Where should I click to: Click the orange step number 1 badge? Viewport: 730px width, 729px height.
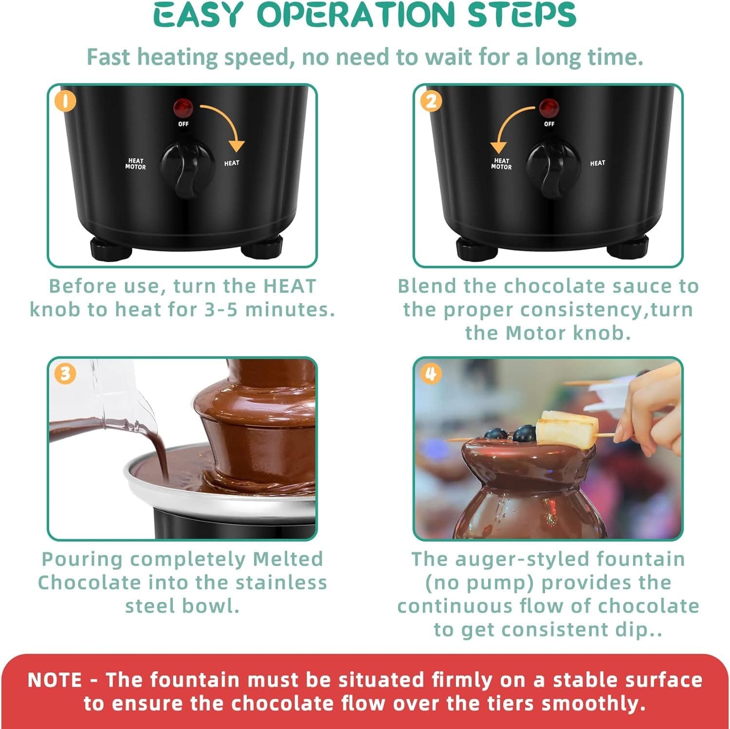(x=65, y=102)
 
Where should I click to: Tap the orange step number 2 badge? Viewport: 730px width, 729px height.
(x=431, y=102)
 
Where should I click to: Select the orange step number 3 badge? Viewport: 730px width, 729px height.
(x=65, y=374)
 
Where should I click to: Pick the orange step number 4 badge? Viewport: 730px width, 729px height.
(x=431, y=374)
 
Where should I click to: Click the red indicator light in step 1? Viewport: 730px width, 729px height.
(x=183, y=106)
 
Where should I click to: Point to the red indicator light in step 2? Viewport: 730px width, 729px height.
(x=548, y=106)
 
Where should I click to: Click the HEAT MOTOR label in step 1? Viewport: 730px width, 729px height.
(x=135, y=164)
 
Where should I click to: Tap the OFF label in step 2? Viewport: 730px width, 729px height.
(x=549, y=124)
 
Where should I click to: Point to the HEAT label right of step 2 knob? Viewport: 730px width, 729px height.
(x=598, y=163)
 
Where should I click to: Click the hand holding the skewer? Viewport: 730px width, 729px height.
(x=647, y=414)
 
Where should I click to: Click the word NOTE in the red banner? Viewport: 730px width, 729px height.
(x=55, y=680)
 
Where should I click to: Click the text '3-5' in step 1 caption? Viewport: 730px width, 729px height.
(x=222, y=310)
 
